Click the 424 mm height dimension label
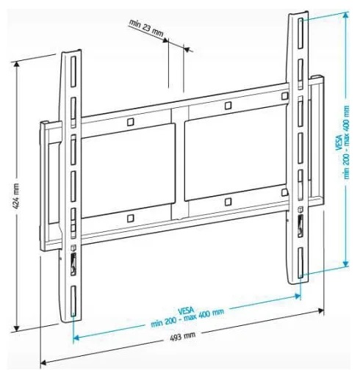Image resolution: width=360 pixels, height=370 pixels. [x=16, y=196]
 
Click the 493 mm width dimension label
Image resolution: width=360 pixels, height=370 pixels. [x=182, y=335]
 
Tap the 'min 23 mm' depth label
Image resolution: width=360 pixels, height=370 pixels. [x=146, y=28]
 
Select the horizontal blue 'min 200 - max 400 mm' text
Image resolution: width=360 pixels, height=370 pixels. [x=187, y=318]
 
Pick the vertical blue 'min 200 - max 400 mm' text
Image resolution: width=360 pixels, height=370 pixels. [x=346, y=142]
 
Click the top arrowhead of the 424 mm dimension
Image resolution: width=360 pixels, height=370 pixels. [x=16, y=64]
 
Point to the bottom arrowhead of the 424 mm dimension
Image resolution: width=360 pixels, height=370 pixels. [x=16, y=328]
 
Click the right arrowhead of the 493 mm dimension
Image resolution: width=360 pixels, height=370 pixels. [x=320, y=311]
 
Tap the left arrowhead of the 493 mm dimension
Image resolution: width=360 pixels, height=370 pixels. [x=43, y=362]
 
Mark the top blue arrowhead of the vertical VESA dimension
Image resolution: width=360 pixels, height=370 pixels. [x=345, y=15]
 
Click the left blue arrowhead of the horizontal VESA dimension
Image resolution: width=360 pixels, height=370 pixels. [x=76, y=338]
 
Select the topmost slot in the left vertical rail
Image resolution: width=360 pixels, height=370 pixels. [x=73, y=71]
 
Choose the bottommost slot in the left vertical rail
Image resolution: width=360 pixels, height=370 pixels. [x=73, y=301]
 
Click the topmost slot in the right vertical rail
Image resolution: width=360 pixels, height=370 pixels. [x=300, y=34]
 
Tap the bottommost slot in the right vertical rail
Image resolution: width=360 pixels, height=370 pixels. [x=300, y=263]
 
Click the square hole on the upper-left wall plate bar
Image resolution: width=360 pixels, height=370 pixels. [x=131, y=122]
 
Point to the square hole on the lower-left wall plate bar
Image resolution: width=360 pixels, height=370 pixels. [x=131, y=218]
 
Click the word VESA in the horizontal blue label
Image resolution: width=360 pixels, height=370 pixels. [x=186, y=311]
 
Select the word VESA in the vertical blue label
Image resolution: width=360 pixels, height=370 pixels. [x=339, y=142]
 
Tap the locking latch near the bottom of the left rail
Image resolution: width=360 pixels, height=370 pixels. [x=73, y=265]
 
